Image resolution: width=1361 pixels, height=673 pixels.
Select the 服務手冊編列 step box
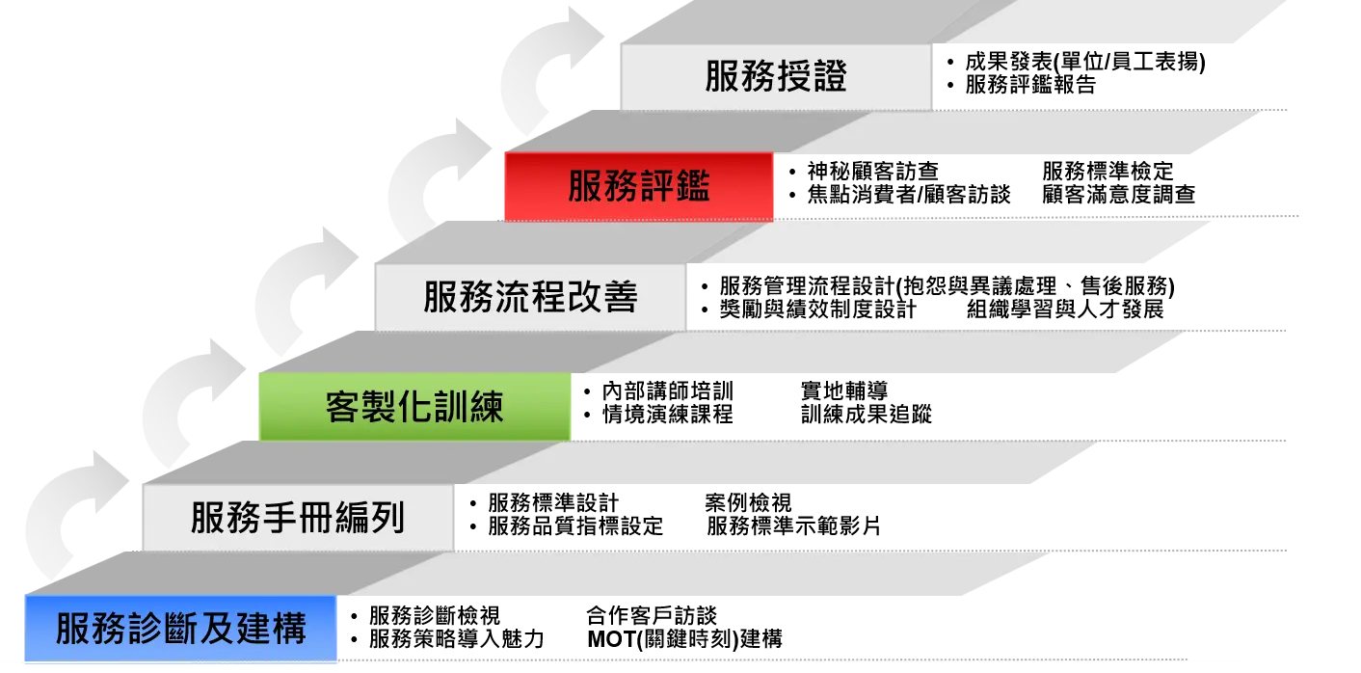click(298, 519)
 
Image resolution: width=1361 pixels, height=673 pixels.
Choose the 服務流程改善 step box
click(530, 297)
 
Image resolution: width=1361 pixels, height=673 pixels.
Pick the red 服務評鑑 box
click(638, 187)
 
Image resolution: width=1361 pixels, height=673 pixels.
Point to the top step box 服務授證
click(776, 76)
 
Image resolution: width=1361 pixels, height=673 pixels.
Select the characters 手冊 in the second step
click(298, 519)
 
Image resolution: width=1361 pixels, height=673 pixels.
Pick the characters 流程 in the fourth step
click(530, 297)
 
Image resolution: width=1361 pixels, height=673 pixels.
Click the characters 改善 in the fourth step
click(602, 297)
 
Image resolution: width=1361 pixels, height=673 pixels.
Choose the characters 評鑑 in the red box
click(675, 187)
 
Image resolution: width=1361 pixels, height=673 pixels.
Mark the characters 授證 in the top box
click(812, 76)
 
